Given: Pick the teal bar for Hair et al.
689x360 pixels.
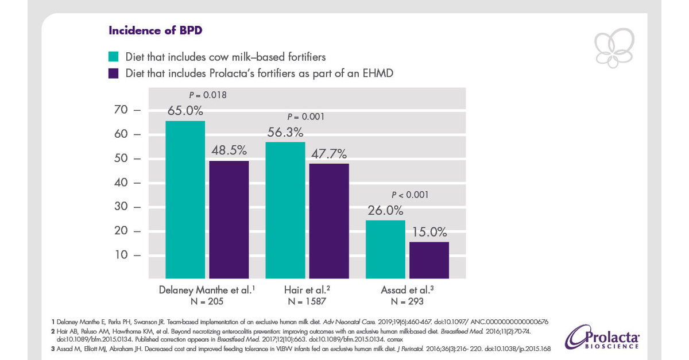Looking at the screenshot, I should pyautogui.click(x=285, y=210).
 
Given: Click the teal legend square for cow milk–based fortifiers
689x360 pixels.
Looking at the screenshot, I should pyautogui.click(x=114, y=56).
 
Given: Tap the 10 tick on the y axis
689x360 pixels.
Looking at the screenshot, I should pyautogui.click(x=124, y=254).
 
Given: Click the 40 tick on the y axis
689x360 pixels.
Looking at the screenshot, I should pyautogui.click(x=124, y=183).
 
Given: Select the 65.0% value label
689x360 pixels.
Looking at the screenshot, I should pyautogui.click(x=185, y=111).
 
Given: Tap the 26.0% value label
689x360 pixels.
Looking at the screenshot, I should pyautogui.click(x=385, y=211).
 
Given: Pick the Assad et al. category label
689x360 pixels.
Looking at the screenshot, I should pyautogui.click(x=407, y=289).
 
